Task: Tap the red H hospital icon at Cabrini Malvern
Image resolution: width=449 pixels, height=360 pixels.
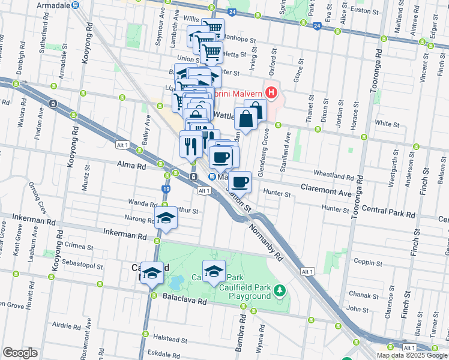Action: (x=272, y=93)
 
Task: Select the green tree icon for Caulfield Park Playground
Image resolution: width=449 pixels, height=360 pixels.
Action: (x=279, y=291)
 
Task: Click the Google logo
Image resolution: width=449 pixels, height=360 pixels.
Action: (x=20, y=353)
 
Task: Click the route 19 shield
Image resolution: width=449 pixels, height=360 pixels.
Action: (x=166, y=189)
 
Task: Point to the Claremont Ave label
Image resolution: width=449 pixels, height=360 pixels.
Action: (x=326, y=185)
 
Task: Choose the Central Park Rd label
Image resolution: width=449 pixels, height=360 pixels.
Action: (x=389, y=213)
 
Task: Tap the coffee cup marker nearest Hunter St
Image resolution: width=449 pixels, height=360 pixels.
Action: (x=240, y=181)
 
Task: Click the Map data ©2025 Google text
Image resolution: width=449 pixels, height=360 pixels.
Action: (x=412, y=355)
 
